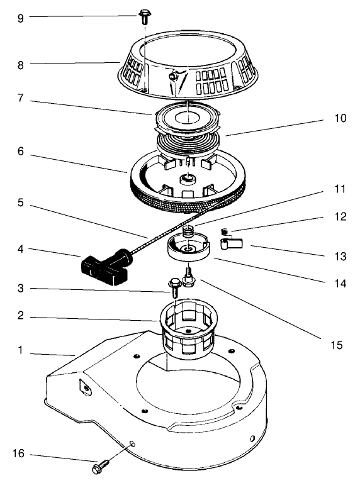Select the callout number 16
click(20, 455)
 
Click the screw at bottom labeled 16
click(101, 468)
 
